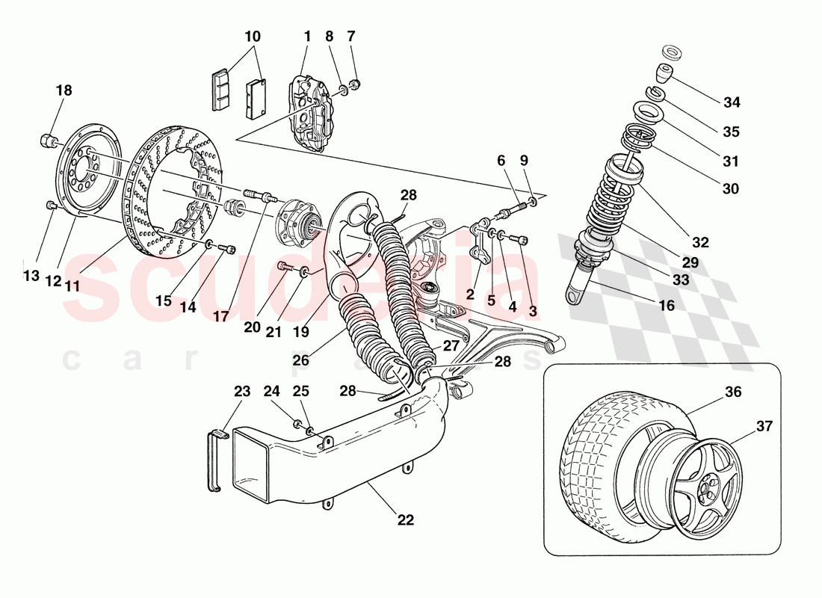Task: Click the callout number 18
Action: coord(64,90)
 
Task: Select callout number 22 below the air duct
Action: coord(405,519)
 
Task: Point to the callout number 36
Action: coord(732,391)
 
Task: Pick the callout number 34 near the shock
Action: coord(732,102)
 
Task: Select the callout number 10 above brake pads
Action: coord(253,36)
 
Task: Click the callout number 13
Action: coord(30,276)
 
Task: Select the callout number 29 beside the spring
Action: coord(690,263)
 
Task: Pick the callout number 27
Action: coord(450,346)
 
